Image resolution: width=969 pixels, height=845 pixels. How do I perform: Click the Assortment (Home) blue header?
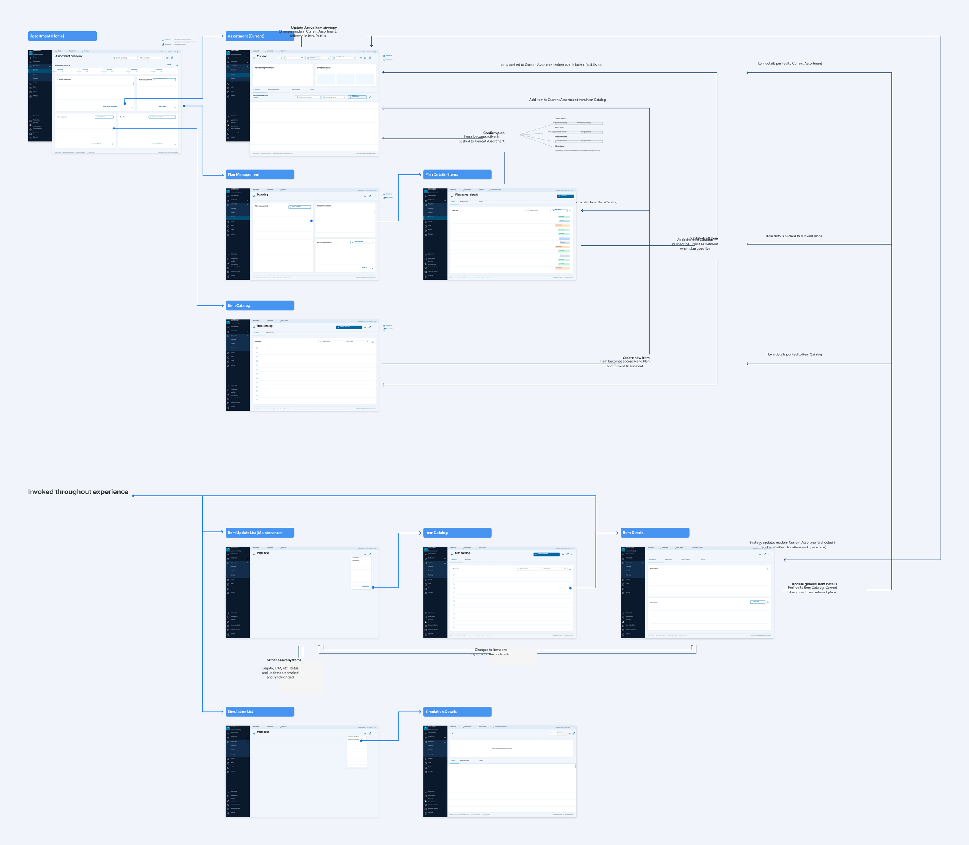pos(62,36)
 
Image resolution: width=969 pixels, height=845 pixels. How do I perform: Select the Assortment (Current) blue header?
pos(260,36)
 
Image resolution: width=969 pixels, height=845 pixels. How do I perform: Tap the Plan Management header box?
pos(260,174)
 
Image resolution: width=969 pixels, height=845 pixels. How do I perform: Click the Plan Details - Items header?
pos(457,174)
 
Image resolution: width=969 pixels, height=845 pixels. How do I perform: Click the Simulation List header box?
pos(260,712)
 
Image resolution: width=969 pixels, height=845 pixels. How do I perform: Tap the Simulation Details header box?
pos(457,712)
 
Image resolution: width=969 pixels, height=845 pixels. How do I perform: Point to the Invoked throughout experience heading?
pos(78,492)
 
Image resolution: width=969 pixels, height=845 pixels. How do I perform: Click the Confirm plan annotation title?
pos(494,133)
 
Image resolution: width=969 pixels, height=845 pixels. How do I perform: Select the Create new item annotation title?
pos(636,358)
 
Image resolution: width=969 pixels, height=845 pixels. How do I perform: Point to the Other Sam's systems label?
pos(284,660)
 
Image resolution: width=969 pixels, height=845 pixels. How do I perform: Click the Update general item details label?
pos(814,584)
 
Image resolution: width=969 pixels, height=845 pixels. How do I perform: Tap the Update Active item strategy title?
pos(314,28)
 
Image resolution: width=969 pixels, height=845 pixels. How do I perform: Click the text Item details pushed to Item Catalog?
pos(795,355)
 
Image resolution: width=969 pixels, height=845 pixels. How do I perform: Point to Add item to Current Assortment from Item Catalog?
pos(567,100)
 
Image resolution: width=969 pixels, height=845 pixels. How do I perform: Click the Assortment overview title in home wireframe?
pos(69,56)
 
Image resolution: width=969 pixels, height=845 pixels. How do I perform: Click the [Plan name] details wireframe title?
pos(466,195)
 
